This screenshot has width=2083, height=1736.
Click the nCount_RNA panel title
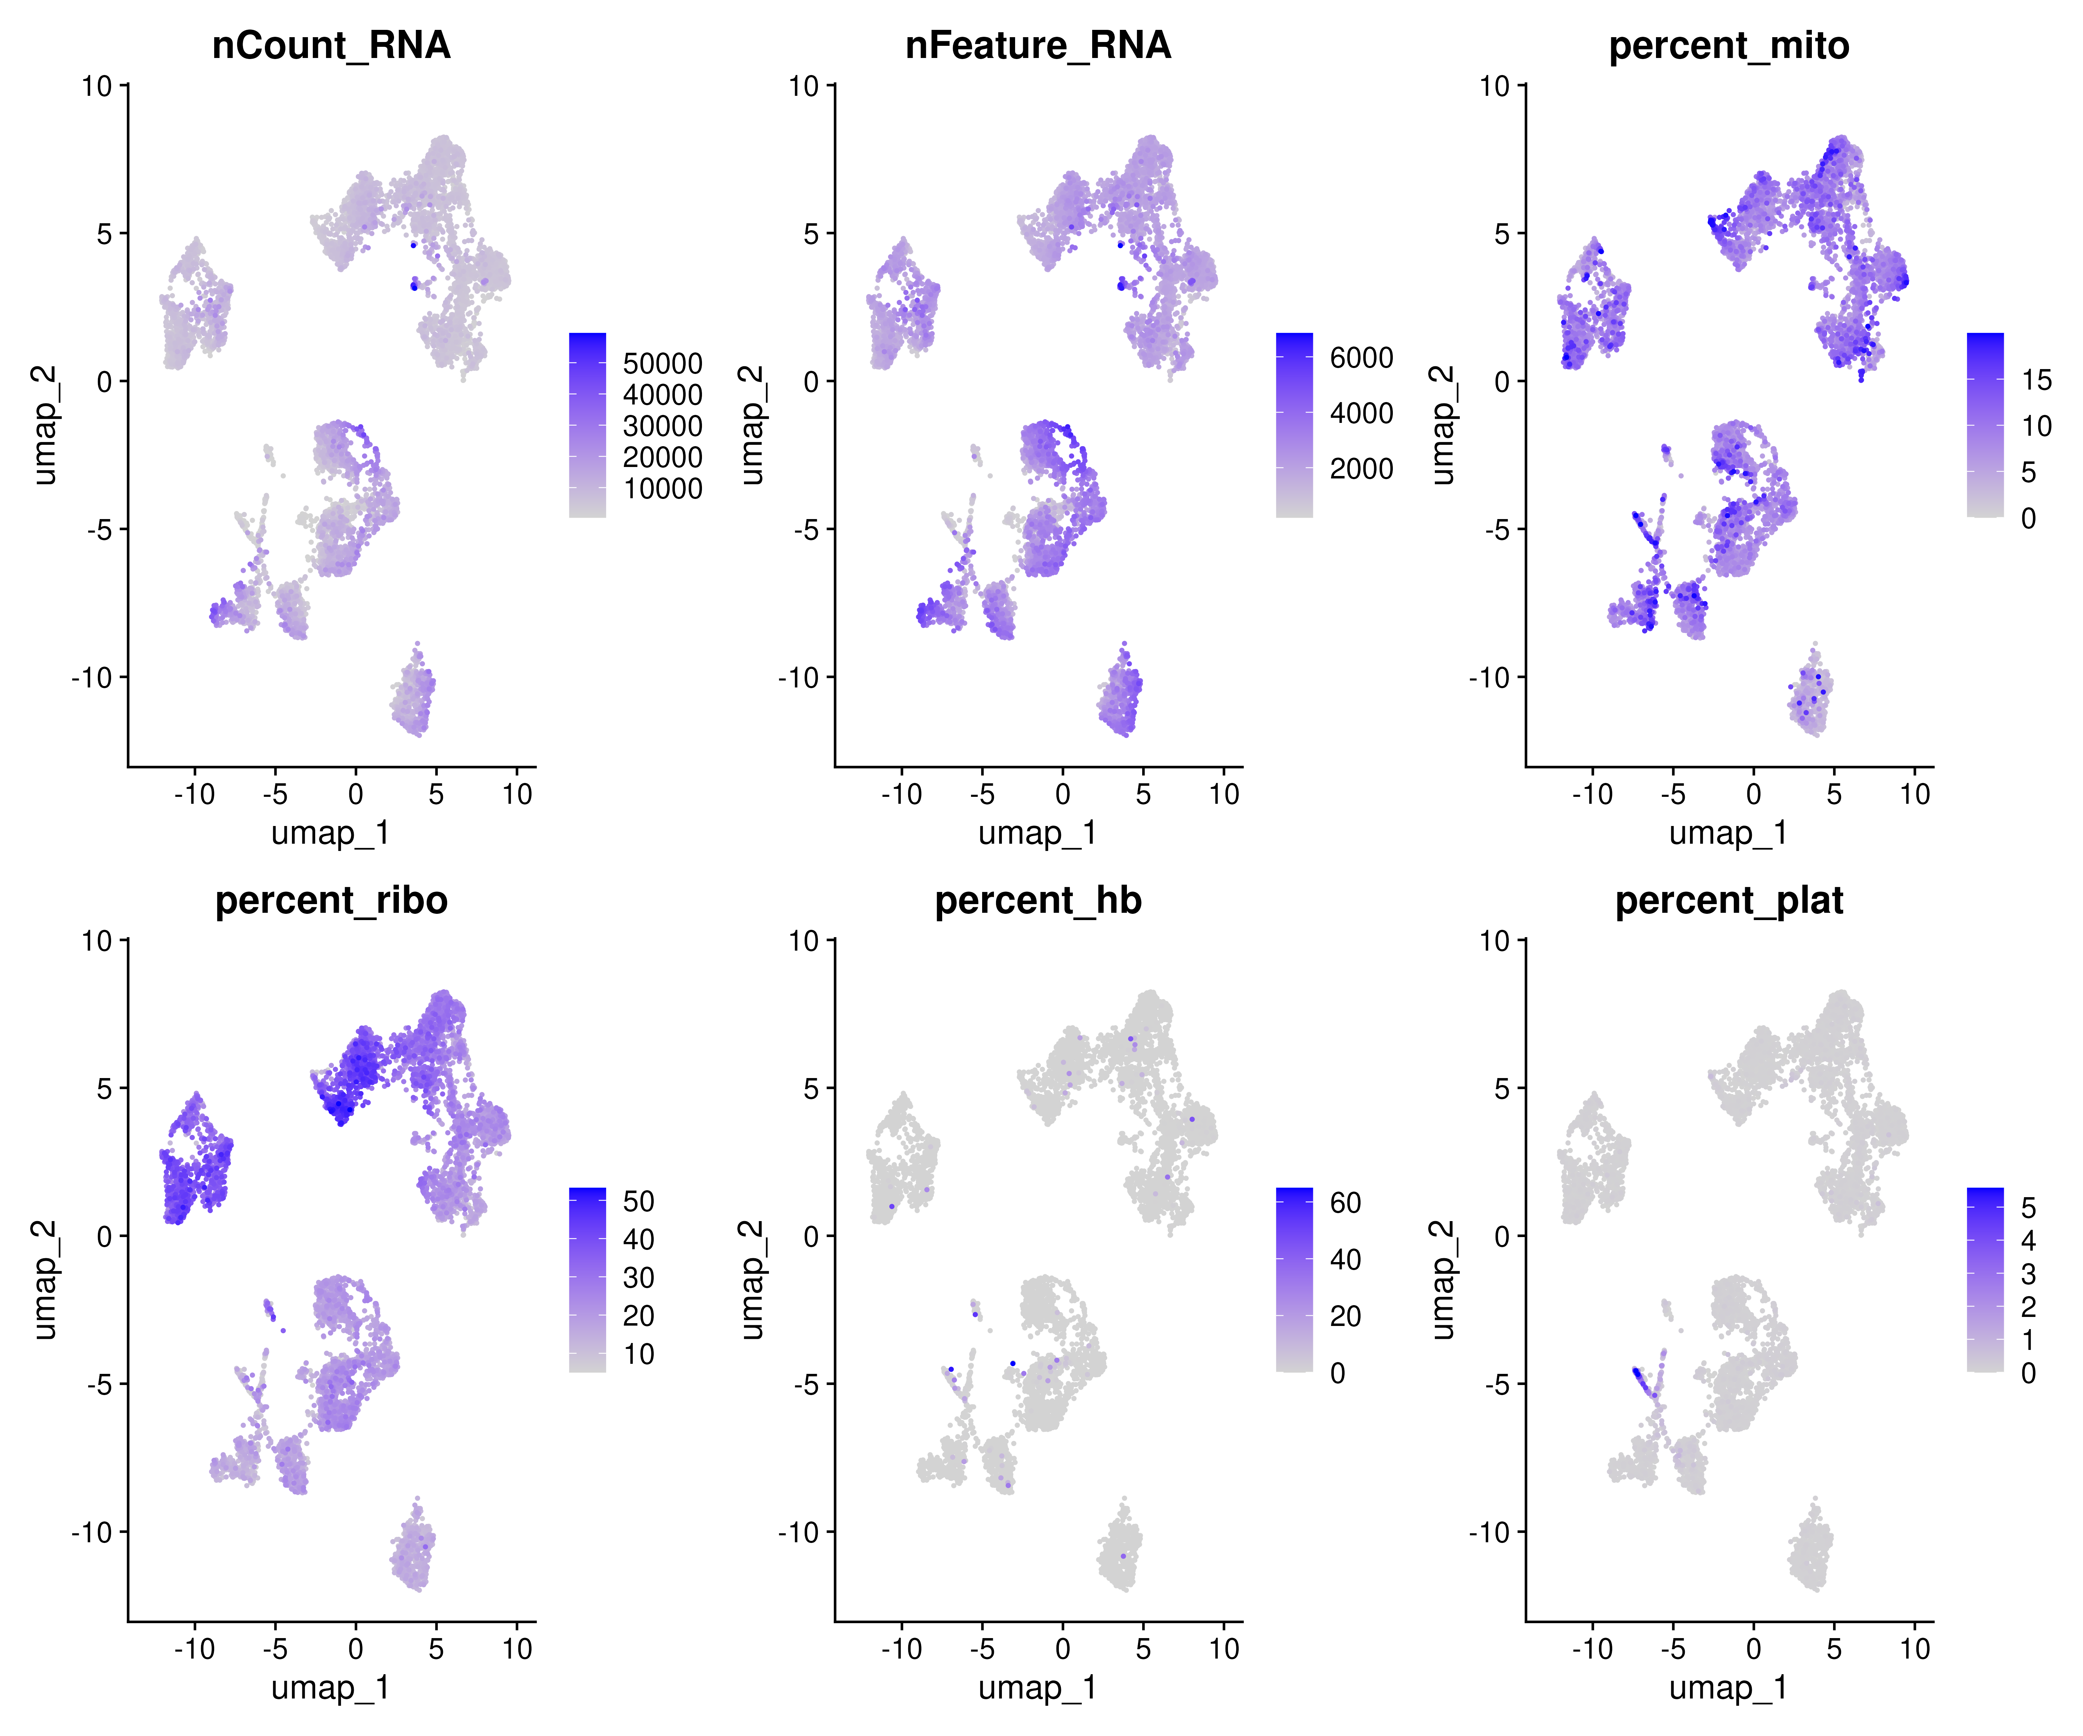coord(331,45)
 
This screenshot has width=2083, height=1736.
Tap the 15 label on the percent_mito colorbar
coord(2036,380)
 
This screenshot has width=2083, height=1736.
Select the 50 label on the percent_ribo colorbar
coord(638,1201)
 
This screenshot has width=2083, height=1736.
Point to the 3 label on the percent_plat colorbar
coord(2028,1274)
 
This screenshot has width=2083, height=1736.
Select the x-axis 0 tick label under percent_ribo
coord(355,1649)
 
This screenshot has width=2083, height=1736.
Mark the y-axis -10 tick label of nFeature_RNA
coord(798,677)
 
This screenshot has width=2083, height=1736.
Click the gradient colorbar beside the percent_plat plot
coord(1985,1280)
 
